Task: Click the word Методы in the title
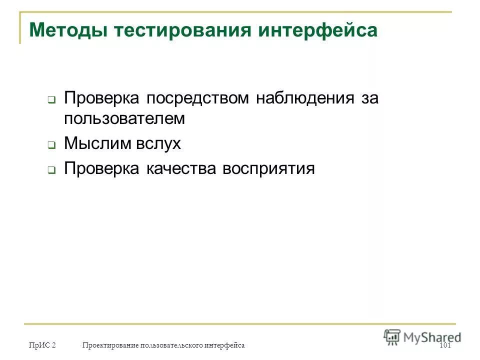tap(67, 31)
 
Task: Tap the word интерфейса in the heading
tap(318, 31)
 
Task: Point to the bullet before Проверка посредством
tap(51, 100)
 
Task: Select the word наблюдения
tap(305, 98)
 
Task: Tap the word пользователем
tap(124, 119)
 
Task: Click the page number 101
tap(445, 346)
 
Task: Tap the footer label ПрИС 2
tap(42, 346)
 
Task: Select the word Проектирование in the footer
tap(110, 346)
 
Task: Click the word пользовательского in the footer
tap(172, 346)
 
